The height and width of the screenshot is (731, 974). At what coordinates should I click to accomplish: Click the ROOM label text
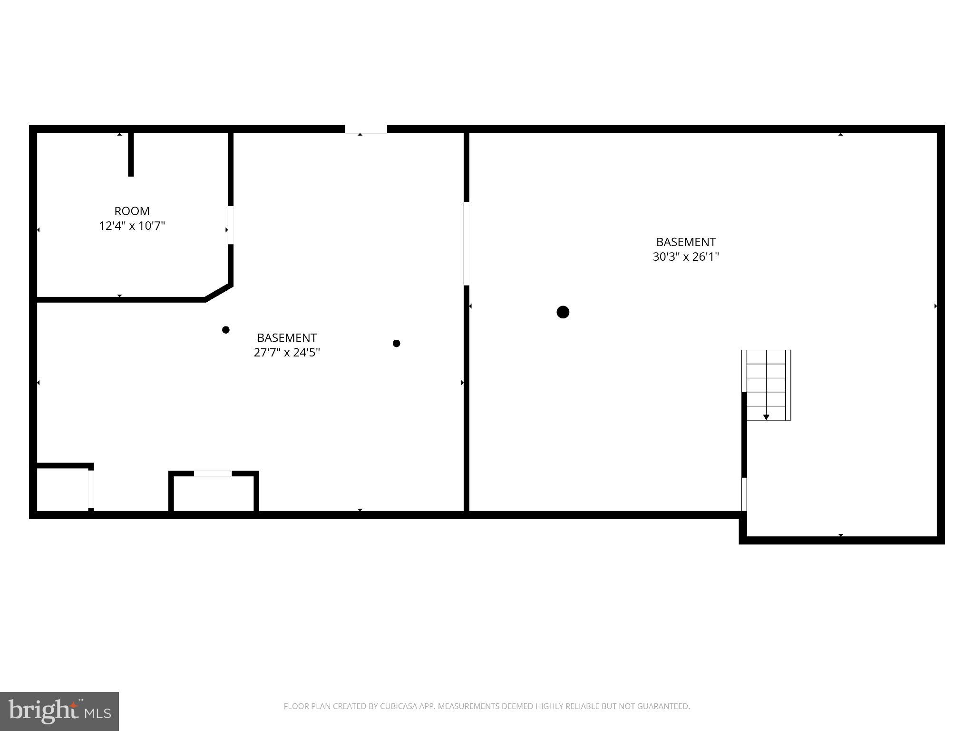132,211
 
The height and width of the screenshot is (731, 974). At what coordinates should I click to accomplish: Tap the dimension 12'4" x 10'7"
132,226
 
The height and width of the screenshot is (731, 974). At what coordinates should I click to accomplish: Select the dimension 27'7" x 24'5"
287,352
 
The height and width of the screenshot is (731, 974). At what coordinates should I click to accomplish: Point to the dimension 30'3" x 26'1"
686,257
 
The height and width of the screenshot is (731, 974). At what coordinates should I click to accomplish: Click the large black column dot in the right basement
563,312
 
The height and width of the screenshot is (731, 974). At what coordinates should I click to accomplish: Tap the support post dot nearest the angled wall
226,330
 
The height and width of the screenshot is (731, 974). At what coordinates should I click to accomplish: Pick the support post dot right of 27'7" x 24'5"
397,343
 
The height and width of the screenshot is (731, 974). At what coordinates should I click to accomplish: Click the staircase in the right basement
766,385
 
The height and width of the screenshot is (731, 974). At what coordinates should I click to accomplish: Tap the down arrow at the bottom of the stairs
766,417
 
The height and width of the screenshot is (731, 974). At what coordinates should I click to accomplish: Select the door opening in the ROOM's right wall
230,225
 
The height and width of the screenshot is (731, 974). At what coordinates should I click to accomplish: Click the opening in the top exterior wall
366,129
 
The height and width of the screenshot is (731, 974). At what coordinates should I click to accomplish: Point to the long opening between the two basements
466,244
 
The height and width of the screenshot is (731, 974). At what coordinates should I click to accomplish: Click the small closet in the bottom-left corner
63,490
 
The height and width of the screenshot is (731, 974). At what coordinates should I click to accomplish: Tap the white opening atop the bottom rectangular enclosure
213,474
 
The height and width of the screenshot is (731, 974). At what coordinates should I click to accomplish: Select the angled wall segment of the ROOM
219,293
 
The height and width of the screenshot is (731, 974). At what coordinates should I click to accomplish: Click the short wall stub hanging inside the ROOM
131,155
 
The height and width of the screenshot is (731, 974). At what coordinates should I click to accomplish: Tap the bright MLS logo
59,711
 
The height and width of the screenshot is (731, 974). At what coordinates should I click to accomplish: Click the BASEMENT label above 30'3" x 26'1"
686,242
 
